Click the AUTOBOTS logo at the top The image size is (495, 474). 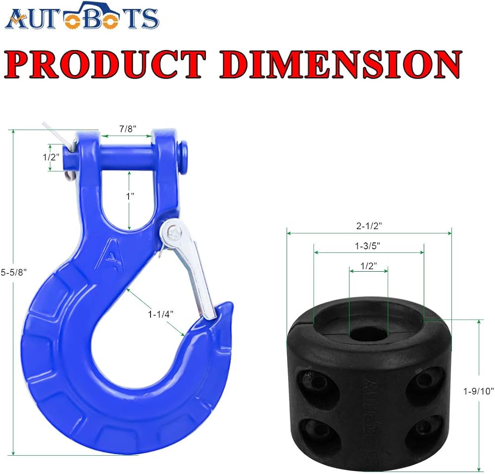[x=82, y=16]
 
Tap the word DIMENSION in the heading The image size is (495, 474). [x=341, y=64]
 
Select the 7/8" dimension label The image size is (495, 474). [x=128, y=129]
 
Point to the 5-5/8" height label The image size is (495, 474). [x=14, y=272]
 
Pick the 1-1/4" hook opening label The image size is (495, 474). [x=161, y=314]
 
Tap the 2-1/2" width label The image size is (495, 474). [x=369, y=226]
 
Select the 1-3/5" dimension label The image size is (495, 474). [x=367, y=245]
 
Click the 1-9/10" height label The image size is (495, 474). [x=478, y=391]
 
